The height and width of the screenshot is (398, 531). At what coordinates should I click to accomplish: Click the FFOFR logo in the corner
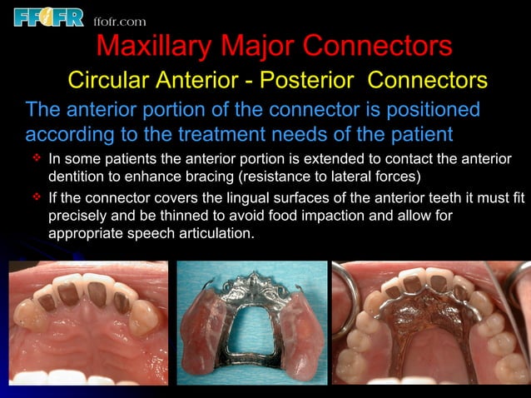click(49, 16)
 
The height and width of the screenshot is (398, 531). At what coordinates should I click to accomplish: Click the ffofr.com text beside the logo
click(119, 21)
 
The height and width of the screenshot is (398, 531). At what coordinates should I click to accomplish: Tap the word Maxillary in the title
click(156, 46)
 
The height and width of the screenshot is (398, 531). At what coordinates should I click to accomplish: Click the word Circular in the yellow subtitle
click(106, 81)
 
